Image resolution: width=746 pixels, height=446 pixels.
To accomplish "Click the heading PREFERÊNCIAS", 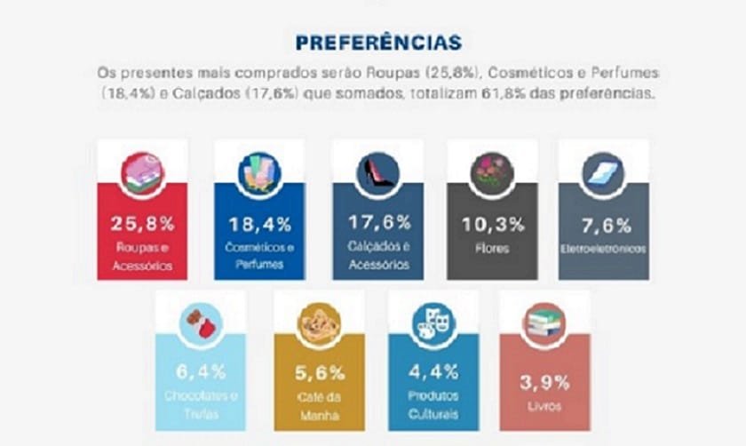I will pyautogui.click(x=377, y=43).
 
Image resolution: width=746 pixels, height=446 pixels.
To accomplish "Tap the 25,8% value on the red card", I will pyautogui.click(x=142, y=223).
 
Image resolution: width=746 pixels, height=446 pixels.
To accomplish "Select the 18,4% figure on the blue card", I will pyautogui.click(x=259, y=223).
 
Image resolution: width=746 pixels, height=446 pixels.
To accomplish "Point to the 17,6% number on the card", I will pyautogui.click(x=377, y=223).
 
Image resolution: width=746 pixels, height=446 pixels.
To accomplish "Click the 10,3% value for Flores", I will pyautogui.click(x=492, y=225).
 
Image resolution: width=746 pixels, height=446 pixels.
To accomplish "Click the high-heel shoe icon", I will pyautogui.click(x=377, y=171).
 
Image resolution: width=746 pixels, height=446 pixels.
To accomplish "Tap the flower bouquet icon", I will pyautogui.click(x=492, y=171).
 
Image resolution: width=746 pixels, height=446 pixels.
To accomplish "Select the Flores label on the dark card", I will pyautogui.click(x=492, y=249).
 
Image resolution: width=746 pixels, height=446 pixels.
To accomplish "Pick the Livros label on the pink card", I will pyautogui.click(x=543, y=408).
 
